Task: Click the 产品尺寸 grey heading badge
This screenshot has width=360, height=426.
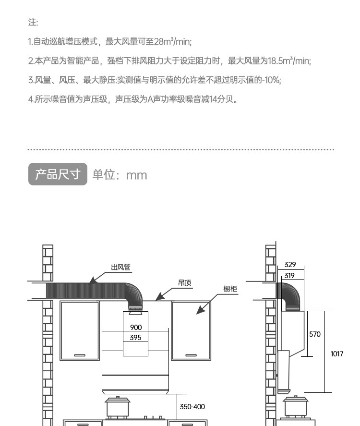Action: click(58, 174)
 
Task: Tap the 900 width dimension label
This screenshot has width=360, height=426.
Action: click(136, 328)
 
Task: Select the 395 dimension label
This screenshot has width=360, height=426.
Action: click(135, 338)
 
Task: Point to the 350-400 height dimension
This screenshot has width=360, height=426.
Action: click(192, 407)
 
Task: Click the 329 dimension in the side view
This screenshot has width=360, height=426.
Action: click(290, 265)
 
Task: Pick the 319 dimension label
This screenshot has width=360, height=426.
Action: click(289, 276)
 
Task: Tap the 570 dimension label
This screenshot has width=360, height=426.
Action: click(314, 334)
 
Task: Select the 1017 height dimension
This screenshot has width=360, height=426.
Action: click(337, 354)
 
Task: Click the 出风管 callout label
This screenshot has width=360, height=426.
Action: click(120, 268)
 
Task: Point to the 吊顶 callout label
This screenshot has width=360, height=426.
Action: click(184, 283)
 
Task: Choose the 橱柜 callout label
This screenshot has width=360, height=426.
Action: click(230, 289)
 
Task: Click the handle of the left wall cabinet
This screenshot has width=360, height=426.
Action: click(80, 355)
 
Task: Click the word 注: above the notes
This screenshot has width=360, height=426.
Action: click(33, 23)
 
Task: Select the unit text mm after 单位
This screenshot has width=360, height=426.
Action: click(136, 175)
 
